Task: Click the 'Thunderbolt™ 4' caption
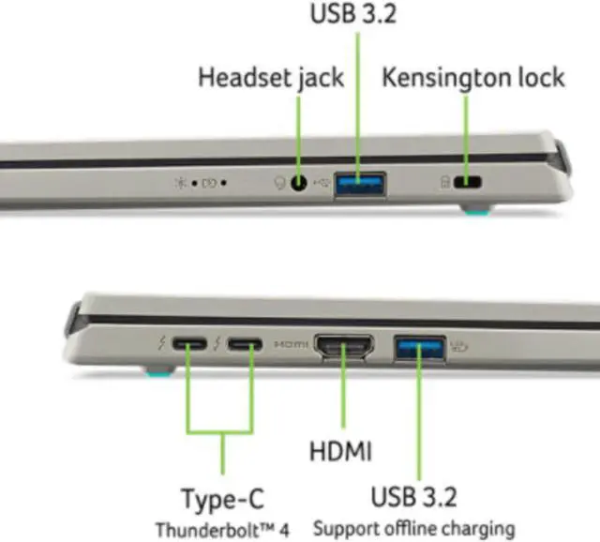[222, 528]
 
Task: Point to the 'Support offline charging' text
[413, 528]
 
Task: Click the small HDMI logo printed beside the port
[292, 346]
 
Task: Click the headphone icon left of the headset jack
[278, 184]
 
